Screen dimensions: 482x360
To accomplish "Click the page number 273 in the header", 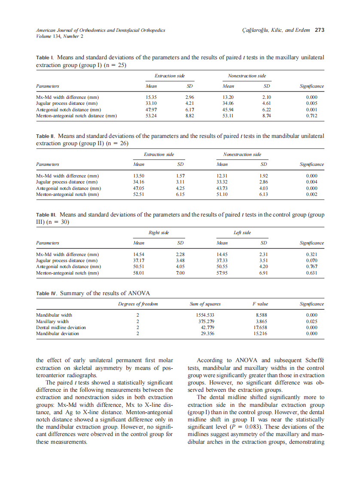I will pyautogui.click(x=319, y=30).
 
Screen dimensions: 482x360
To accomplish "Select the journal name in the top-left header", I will pyautogui.click(x=100, y=30).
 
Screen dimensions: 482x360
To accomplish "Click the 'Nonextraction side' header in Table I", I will pyautogui.click(x=247, y=76).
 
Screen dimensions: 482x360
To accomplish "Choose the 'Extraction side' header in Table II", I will pyautogui.click(x=159, y=155).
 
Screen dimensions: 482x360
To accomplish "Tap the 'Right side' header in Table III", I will pyautogui.click(x=159, y=233).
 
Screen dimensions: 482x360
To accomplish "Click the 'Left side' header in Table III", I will pyautogui.click(x=242, y=233).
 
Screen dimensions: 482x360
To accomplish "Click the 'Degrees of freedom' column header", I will pyautogui.click(x=138, y=304).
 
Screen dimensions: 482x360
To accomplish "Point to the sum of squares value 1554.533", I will pyautogui.click(x=205, y=315).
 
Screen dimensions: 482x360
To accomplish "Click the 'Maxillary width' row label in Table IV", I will pyautogui.click(x=52, y=321).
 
